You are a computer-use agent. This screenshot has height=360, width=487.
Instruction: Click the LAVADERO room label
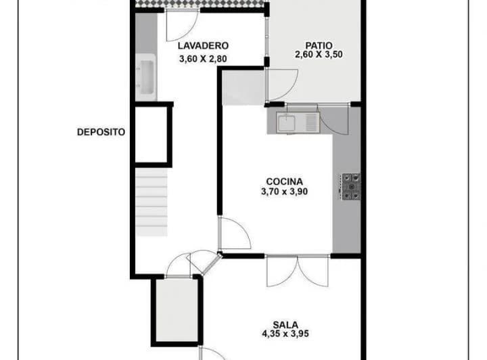pos(203,46)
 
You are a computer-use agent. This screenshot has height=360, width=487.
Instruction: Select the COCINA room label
pos(284,181)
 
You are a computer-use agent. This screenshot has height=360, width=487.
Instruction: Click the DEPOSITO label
pos(101,133)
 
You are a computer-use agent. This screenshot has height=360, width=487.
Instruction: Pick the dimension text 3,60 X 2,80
pos(203,59)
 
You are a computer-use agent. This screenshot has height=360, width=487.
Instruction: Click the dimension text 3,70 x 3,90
pos(284,192)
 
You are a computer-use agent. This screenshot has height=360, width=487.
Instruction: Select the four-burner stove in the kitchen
pos(350,187)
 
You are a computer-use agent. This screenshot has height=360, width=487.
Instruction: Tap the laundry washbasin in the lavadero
pos(146,76)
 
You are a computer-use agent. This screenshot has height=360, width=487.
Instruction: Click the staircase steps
pos(151,202)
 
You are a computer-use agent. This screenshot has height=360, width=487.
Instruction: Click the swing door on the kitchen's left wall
pos(233,235)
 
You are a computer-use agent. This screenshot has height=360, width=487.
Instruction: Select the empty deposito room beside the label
pos(151,142)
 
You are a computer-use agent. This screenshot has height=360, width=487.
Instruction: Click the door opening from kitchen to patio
pos(333,122)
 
